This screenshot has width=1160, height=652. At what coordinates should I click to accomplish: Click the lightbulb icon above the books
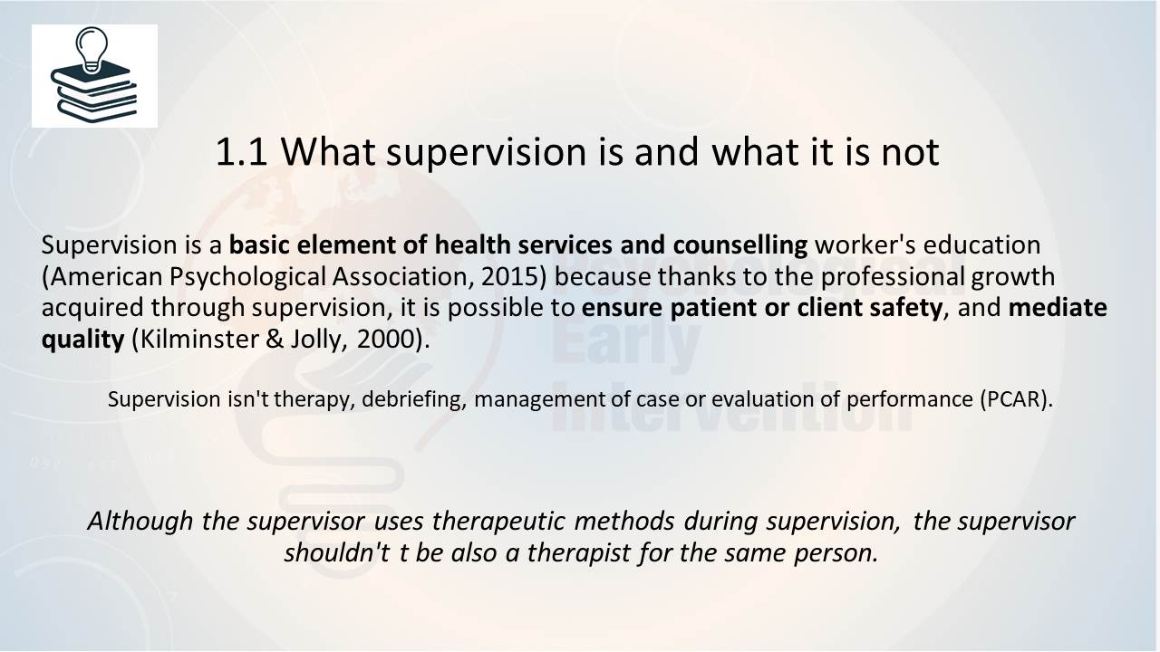(x=92, y=50)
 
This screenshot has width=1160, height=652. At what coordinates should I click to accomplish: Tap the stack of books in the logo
(x=93, y=92)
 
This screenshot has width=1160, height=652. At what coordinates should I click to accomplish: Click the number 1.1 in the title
(x=241, y=152)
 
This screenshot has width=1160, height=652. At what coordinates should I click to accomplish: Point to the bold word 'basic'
(x=259, y=244)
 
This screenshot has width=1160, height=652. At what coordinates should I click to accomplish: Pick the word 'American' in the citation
(x=107, y=276)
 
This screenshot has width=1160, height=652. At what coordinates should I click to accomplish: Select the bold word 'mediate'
(x=1058, y=307)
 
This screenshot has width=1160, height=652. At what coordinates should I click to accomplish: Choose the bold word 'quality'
(x=82, y=340)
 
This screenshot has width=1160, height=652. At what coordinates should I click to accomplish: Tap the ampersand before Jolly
(x=275, y=340)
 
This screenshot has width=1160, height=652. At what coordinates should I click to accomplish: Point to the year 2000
(x=386, y=340)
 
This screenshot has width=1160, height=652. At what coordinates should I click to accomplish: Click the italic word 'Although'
(x=140, y=521)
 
